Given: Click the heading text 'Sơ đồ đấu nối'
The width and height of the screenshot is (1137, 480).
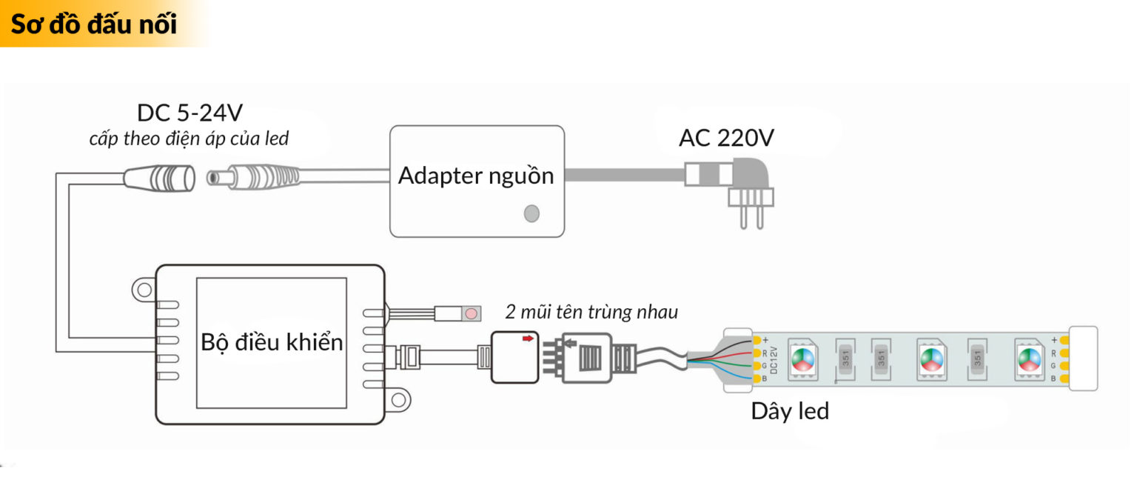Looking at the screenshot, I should tap(94, 24).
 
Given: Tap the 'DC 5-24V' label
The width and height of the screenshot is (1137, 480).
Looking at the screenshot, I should tap(189, 113).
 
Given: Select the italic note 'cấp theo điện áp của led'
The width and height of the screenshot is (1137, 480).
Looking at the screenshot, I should tap(189, 139).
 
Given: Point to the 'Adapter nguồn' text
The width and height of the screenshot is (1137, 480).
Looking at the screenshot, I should tap(475, 176).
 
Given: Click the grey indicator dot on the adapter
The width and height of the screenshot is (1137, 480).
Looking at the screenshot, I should tap(531, 213).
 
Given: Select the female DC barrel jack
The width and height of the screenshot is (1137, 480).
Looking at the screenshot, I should tap(160, 179).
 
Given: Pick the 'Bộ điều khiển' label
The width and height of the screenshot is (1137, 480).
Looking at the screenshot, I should tap(272, 342).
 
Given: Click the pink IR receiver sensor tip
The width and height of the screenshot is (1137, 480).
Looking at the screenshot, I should tap(470, 313).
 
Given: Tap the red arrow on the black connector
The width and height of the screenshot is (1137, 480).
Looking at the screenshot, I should tap(527, 339).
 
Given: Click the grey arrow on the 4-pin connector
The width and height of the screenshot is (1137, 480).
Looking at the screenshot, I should tap(571, 343).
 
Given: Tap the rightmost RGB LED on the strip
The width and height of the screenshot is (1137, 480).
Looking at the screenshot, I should tap(1027, 359).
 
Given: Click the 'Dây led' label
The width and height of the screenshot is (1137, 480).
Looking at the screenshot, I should tap(789, 411).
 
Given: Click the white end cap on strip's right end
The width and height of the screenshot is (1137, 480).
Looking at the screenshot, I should tap(1084, 359).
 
